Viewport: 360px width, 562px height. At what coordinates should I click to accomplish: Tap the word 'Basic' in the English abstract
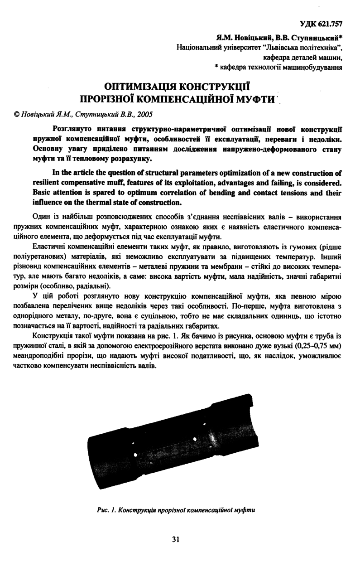coord(44,192)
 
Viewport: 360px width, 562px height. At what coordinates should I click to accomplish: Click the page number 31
coord(177,538)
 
